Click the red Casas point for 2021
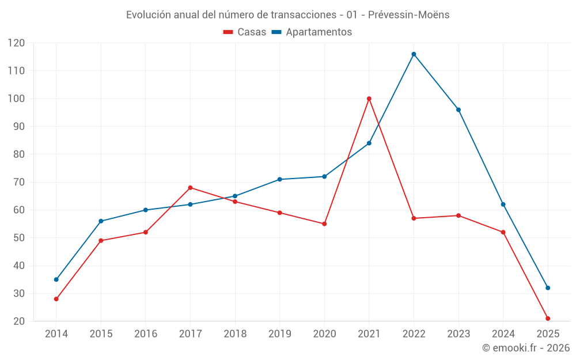coord(369,98)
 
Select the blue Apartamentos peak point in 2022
coord(414,54)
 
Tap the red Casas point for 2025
coord(548,319)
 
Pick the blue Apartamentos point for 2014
coord(56,279)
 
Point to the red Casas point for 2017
coord(190,188)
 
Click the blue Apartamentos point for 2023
coord(458,109)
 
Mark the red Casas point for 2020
coord(324,223)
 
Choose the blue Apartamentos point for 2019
coord(279,179)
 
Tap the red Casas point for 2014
coord(56,299)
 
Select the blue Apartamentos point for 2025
coord(548,288)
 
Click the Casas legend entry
coord(245,32)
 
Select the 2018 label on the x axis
coord(235,334)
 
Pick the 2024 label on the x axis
coord(503,334)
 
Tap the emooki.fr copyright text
coord(526,348)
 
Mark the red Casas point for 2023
coord(458,215)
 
